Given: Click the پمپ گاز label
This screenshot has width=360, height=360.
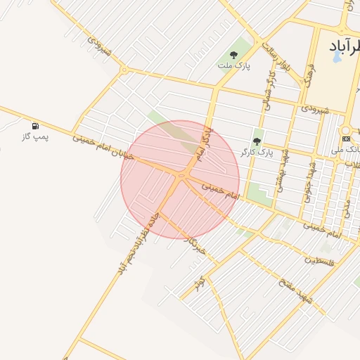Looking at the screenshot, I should pyautogui.click(x=35, y=137).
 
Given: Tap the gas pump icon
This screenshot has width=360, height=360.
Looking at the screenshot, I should pyautogui.click(x=35, y=126).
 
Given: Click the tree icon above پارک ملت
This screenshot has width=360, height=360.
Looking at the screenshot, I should pyautogui.click(x=233, y=55).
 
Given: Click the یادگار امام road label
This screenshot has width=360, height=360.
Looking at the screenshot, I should pyautogui.click(x=202, y=139).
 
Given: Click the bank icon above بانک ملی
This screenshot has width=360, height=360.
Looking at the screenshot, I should pyautogui.click(x=346, y=138).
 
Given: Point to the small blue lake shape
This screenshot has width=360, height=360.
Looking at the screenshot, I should pyautogui.click(x=336, y=57).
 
